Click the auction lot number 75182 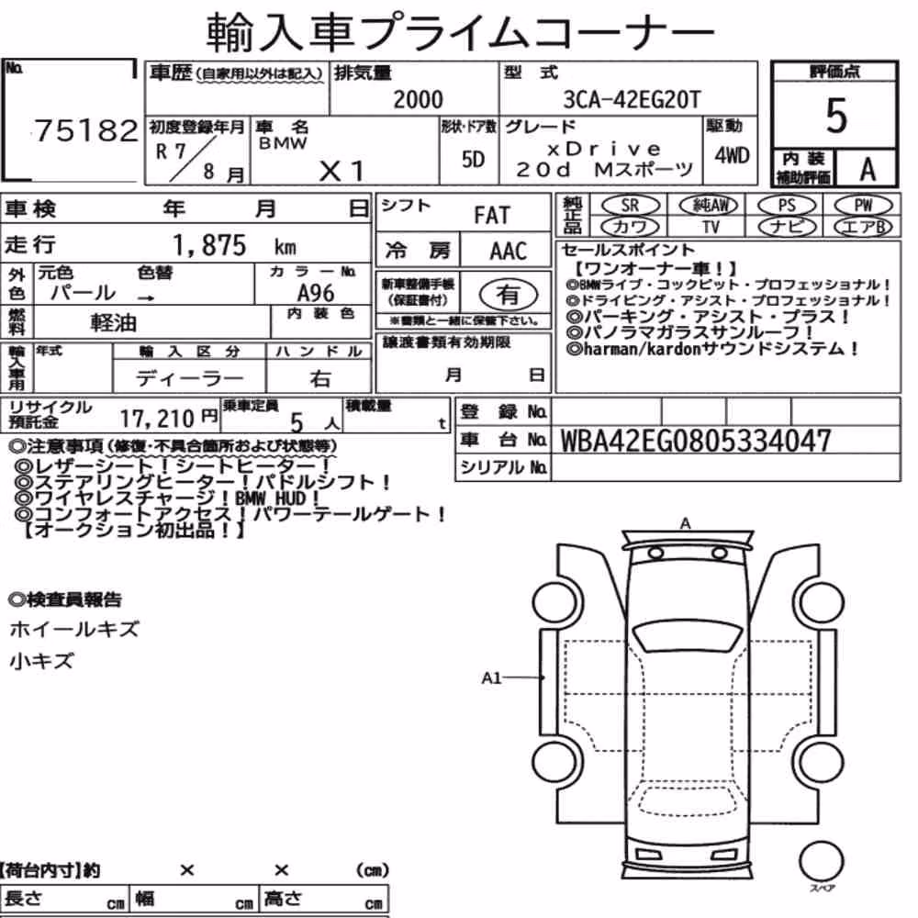click(x=86, y=130)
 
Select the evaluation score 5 click(x=835, y=116)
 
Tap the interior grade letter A click(x=868, y=169)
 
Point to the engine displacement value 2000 click(x=418, y=99)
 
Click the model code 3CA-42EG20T click(x=632, y=99)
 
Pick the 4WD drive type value click(x=732, y=156)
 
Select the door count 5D click(x=473, y=159)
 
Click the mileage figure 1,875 click(x=209, y=245)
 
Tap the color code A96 click(x=316, y=293)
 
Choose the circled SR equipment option click(x=631, y=205)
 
